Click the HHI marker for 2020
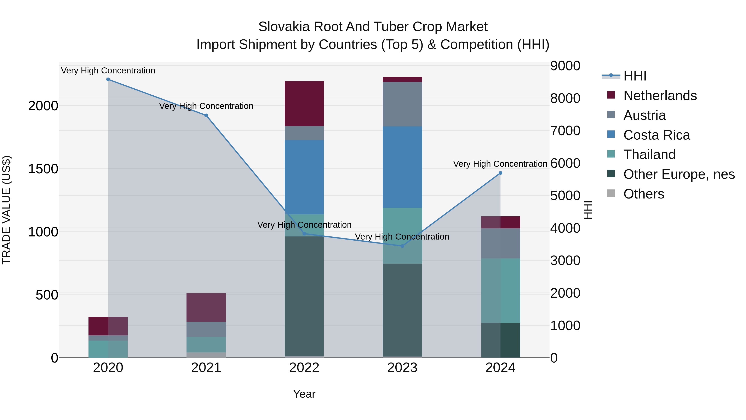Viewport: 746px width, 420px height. (108, 79)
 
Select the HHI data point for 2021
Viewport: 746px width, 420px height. (206, 115)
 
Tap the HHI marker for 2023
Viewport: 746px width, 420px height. (402, 246)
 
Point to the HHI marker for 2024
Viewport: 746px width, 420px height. (500, 173)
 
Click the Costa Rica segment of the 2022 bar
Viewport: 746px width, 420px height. (304, 177)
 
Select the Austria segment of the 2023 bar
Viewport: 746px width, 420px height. (402, 104)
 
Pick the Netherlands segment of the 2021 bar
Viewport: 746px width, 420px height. (206, 308)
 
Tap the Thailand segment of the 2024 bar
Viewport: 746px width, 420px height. (500, 290)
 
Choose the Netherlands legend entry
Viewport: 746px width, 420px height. (660, 96)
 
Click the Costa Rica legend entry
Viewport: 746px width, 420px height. (656, 135)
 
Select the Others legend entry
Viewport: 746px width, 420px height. (643, 194)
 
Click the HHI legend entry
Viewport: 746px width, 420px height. (635, 76)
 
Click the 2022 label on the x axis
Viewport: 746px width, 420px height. (304, 368)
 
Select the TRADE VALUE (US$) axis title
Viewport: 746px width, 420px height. (6, 210)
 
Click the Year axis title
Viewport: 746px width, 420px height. (304, 394)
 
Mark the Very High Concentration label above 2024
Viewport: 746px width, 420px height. (500, 164)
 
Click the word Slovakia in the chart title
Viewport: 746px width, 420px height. (284, 27)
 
